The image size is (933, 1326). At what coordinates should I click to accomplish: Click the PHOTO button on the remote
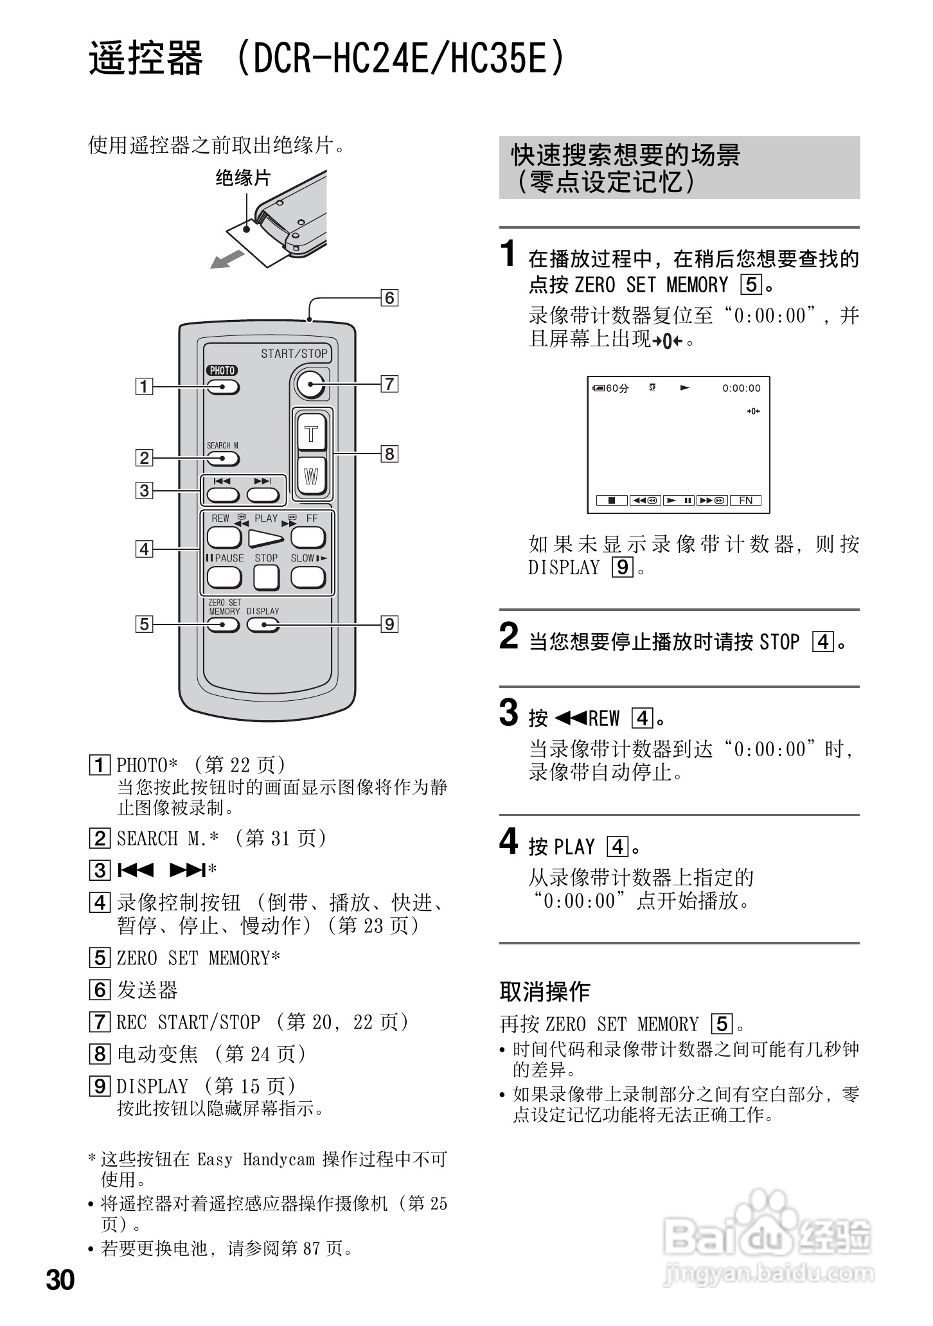[x=223, y=387]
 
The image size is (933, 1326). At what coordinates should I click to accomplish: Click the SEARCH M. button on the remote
[x=223, y=459]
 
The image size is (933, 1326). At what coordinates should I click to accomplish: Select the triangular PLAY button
[x=266, y=538]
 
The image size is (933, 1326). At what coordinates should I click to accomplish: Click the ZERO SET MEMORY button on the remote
[x=223, y=624]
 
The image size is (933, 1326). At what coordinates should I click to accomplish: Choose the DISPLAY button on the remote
[x=263, y=624]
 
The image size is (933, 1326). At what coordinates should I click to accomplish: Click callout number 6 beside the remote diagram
[x=389, y=298]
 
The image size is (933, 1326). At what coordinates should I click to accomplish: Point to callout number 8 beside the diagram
[x=389, y=454]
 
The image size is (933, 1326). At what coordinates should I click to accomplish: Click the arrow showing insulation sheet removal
[x=227, y=260]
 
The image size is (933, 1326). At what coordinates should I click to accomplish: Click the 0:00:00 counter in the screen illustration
[x=741, y=388]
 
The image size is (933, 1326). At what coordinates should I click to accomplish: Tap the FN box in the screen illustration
[x=745, y=500]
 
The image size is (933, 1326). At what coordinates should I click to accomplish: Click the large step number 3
[x=508, y=712]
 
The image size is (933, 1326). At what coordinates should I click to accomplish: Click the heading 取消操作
[x=544, y=992]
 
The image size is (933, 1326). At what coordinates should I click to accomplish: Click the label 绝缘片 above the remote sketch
[x=243, y=178]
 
